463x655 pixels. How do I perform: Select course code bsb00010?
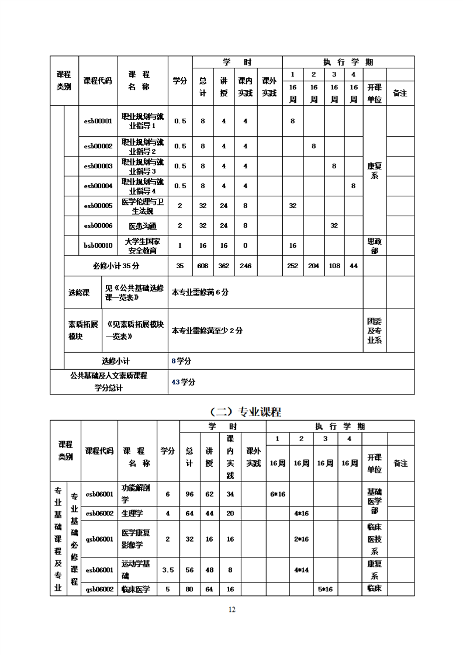point(98,245)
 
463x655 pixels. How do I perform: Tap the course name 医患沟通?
point(142,226)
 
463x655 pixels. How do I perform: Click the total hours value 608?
point(203,266)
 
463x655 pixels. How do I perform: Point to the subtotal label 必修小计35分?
point(116,266)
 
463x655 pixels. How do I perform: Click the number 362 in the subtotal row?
point(224,266)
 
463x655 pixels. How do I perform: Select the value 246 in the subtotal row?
point(246,266)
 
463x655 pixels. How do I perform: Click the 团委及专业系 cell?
point(375,331)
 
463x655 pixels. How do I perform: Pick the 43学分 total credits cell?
point(184,382)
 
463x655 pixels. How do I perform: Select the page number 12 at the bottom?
point(231,609)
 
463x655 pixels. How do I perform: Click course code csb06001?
point(99,494)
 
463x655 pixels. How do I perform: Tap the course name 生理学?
point(132,513)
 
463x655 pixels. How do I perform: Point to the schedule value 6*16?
point(277,494)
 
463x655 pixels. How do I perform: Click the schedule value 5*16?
point(325,589)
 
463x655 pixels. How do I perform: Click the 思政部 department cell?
point(375,245)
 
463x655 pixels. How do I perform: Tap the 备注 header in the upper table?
point(400,93)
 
